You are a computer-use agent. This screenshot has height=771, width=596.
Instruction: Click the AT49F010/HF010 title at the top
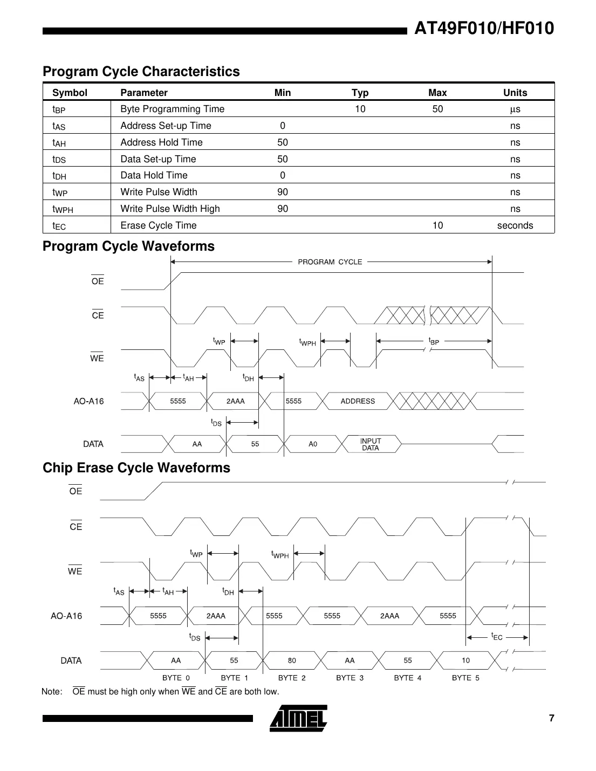click(x=483, y=29)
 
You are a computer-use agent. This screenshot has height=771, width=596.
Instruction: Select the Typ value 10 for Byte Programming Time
click(x=360, y=109)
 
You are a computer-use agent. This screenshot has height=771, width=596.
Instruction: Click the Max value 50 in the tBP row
click(x=437, y=109)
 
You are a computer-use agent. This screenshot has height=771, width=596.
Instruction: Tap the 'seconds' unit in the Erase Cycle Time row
click(x=515, y=225)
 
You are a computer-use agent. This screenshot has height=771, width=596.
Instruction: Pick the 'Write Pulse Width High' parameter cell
click(x=170, y=209)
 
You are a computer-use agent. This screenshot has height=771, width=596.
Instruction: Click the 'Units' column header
click(x=515, y=93)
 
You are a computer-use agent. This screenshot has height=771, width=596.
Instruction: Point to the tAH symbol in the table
click(x=59, y=143)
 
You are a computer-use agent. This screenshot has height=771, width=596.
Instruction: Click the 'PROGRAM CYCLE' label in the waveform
click(x=330, y=262)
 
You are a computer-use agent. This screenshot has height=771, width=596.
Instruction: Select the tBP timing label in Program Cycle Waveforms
click(x=434, y=341)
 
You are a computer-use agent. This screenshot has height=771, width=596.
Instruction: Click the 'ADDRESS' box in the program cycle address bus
click(x=358, y=401)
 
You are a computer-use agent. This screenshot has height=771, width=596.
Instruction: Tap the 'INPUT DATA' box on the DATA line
click(x=371, y=444)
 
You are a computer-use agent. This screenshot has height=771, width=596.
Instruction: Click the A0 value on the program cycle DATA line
click(x=313, y=444)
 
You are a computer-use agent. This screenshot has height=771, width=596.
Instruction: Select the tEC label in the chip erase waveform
click(x=497, y=637)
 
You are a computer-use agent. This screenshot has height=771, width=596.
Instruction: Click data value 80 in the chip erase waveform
click(x=292, y=660)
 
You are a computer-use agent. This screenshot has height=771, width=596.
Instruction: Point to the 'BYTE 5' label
click(x=465, y=678)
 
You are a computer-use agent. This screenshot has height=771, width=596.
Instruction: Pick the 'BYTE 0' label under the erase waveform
click(x=176, y=678)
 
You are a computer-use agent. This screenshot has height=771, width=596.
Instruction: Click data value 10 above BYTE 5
click(x=465, y=660)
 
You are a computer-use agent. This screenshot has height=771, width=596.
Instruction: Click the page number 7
click(x=551, y=718)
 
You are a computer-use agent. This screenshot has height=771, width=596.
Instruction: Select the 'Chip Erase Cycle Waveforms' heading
click(x=136, y=467)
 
